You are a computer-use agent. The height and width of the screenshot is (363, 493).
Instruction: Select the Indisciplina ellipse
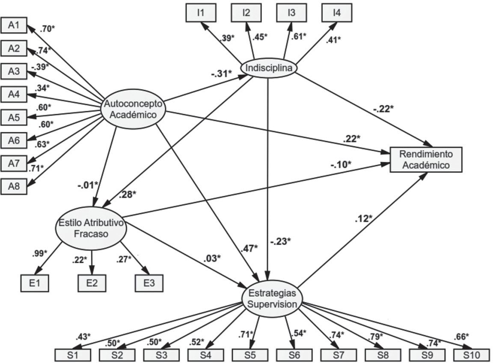coord(269,68)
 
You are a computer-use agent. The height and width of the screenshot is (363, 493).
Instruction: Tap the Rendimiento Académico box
coord(426,160)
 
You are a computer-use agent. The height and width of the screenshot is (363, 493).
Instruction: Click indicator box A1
coord(14,26)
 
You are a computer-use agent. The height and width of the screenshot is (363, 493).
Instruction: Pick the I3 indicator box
coord(291,12)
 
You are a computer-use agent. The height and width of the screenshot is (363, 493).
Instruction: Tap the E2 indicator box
coord(92,283)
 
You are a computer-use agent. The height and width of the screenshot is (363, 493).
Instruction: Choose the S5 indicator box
coord(250,355)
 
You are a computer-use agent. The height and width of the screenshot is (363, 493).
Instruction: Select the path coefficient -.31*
coord(221,74)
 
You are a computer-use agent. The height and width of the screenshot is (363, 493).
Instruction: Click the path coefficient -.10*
coord(340,164)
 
